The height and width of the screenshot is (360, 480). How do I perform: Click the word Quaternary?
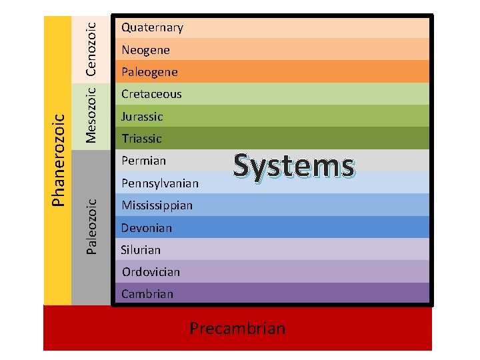(152, 27)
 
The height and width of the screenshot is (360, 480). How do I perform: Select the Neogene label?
(145, 50)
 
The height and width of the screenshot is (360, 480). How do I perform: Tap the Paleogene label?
(149, 72)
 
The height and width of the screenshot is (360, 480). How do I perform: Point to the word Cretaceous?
(151, 94)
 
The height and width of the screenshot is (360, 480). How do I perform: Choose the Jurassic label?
(142, 117)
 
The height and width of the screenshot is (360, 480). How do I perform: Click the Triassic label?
(141, 139)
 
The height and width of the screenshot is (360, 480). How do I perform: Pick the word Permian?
(143, 161)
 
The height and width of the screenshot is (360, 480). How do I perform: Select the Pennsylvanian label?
(160, 183)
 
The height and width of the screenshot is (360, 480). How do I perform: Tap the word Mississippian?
(157, 205)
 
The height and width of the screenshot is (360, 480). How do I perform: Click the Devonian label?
(147, 228)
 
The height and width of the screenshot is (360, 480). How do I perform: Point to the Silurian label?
(141, 250)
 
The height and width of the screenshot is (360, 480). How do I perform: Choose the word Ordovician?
(151, 272)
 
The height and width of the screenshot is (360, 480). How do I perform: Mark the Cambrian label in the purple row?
(147, 294)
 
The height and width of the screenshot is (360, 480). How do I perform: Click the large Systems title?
(294, 165)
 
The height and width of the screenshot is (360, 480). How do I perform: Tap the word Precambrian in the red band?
(237, 328)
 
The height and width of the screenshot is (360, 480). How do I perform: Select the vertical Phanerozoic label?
(59, 159)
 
